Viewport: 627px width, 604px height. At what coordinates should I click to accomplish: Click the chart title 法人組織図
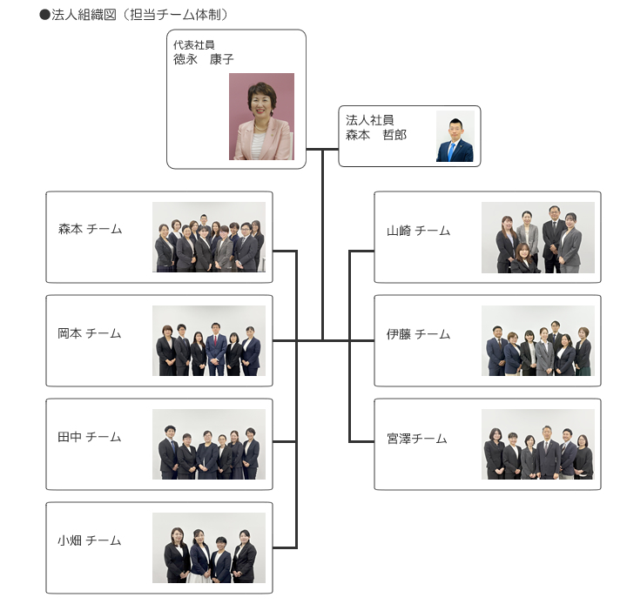point(83,15)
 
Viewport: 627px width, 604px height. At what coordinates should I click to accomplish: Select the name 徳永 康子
point(204,59)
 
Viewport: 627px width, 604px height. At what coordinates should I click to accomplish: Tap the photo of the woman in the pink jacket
point(261,117)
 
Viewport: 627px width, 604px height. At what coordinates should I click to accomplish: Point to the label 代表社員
point(193,45)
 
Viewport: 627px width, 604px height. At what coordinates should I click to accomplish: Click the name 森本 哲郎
point(376,135)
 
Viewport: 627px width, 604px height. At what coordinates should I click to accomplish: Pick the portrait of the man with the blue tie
point(455,137)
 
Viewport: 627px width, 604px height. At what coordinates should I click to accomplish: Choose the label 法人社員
point(369,120)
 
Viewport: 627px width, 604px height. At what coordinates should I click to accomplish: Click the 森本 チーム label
point(90,230)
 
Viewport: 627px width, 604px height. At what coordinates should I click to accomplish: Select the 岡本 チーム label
point(90,333)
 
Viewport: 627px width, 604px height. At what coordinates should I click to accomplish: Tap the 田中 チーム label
point(90,437)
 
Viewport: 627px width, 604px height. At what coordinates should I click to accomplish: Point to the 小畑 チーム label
point(90,540)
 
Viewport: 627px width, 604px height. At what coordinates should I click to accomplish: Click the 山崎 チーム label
point(418,231)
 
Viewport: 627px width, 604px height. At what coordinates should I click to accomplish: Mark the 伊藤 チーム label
point(418,334)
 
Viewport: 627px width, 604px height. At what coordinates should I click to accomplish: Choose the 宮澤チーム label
point(416,439)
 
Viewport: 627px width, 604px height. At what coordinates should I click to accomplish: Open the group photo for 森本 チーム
point(209,237)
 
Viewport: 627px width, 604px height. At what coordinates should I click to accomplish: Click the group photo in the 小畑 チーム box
point(209,547)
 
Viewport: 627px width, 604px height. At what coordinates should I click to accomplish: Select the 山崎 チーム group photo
point(538,238)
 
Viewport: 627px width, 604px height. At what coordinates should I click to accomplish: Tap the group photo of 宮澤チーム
point(538,445)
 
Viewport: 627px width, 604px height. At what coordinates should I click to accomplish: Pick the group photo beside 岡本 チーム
point(209,340)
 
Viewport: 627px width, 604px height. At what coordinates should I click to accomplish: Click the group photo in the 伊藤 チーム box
point(538,341)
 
